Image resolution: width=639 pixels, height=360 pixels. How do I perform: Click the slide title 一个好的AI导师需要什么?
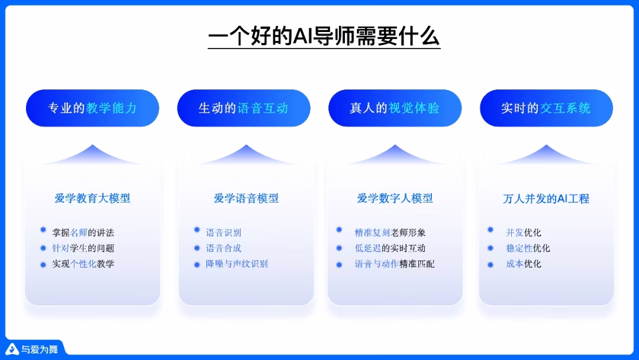[x=324, y=36]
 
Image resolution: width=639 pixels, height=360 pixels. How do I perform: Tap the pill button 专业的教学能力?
[x=92, y=108]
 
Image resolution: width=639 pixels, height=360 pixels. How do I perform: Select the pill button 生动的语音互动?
[x=243, y=108]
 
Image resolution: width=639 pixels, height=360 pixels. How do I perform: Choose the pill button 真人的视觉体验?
[x=395, y=108]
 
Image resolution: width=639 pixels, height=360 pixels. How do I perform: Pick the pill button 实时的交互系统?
[x=546, y=108]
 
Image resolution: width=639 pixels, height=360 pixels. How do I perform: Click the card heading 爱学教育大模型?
[x=92, y=198]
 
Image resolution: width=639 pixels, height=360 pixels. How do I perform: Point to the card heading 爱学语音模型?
[x=246, y=198]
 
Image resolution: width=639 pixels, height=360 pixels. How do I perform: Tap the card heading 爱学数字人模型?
[x=395, y=198]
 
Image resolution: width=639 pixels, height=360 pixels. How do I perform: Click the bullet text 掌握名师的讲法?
[x=83, y=233]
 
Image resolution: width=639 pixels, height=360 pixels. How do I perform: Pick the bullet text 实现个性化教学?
[x=83, y=263]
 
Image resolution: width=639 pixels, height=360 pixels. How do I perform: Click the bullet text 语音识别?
[x=224, y=233]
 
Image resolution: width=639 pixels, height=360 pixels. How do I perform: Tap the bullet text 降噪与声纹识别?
[x=237, y=263]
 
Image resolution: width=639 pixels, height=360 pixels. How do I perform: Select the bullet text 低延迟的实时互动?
[x=390, y=248]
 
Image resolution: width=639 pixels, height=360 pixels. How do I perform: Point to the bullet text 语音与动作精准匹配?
[x=395, y=263]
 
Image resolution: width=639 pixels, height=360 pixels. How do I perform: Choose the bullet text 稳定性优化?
[x=528, y=248]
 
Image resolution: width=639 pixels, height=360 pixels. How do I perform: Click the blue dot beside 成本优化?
[x=490, y=263]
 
